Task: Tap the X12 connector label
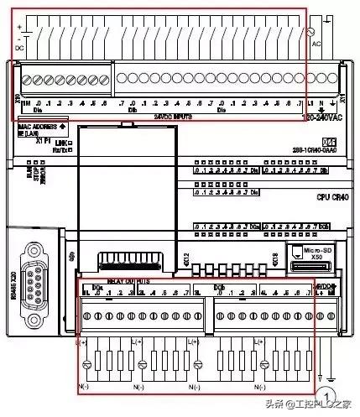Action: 186,260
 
